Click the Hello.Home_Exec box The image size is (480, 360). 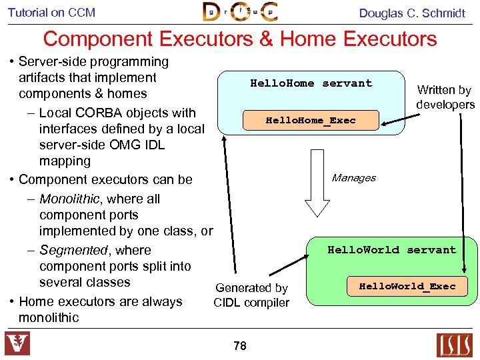click(x=311, y=121)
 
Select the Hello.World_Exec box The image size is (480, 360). click(x=407, y=287)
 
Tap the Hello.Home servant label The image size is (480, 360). click(x=311, y=83)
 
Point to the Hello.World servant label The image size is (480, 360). click(x=391, y=250)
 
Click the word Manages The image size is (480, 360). click(x=353, y=178)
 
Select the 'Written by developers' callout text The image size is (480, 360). click(x=445, y=97)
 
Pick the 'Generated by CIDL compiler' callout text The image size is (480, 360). click(x=251, y=295)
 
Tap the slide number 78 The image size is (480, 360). click(x=240, y=345)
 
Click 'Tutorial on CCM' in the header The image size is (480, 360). click(x=52, y=13)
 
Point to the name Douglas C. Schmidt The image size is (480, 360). click(x=412, y=13)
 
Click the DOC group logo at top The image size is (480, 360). click(x=240, y=12)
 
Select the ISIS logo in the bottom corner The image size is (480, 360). click(x=454, y=345)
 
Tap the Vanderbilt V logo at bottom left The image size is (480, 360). click(x=18, y=344)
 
